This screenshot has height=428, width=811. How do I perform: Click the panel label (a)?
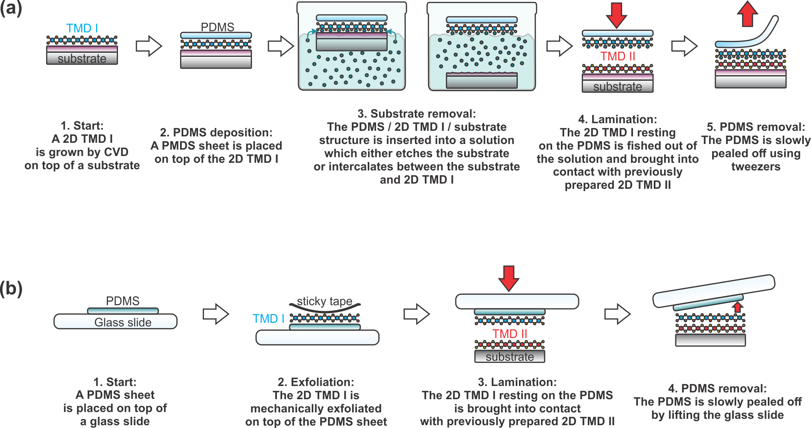click(11, 8)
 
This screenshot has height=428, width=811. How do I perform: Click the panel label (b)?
click(11, 288)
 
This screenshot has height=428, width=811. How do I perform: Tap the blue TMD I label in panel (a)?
click(82, 28)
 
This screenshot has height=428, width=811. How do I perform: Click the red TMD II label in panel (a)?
click(617, 56)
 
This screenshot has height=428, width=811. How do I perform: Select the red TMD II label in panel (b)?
click(509, 334)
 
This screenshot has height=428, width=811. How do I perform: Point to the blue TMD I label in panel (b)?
click(268, 319)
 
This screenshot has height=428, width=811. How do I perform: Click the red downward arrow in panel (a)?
click(616, 15)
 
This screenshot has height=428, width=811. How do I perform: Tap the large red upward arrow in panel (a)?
click(747, 14)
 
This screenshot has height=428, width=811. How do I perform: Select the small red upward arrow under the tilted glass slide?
click(738, 307)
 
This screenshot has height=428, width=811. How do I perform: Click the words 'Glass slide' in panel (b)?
click(123, 322)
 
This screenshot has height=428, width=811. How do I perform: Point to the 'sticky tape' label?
click(324, 301)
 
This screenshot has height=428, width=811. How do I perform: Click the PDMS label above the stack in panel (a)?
click(217, 27)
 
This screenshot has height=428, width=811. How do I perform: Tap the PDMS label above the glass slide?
click(122, 301)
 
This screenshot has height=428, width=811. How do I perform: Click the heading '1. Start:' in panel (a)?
click(82, 126)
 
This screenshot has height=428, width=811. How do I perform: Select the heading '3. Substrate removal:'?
click(417, 114)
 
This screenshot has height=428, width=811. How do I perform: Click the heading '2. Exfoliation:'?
click(316, 382)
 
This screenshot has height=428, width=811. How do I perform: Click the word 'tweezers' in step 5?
click(756, 166)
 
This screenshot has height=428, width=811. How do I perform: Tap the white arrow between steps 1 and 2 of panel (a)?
click(149, 46)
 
